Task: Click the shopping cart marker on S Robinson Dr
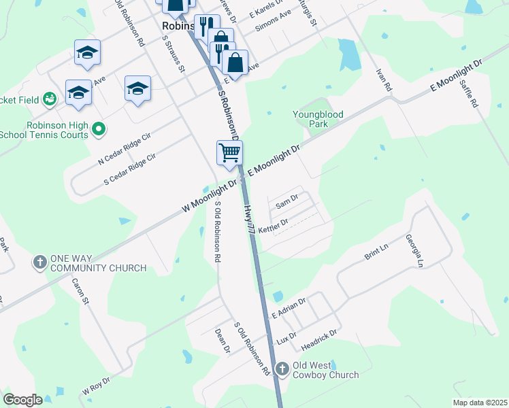(x=229, y=153)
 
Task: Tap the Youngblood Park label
(x=318, y=120)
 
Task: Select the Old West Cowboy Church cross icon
(x=282, y=369)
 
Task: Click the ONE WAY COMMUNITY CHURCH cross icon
(x=39, y=262)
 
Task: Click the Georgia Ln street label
(x=414, y=251)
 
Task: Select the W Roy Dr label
(x=96, y=386)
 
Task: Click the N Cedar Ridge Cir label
(x=125, y=150)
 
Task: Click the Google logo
(x=22, y=400)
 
